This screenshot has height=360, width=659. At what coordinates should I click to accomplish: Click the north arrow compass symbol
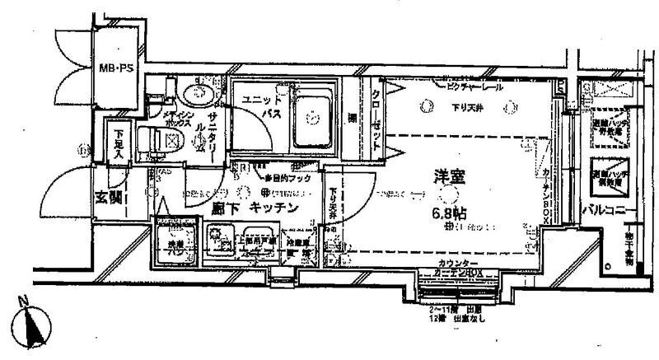click(x=32, y=325)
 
